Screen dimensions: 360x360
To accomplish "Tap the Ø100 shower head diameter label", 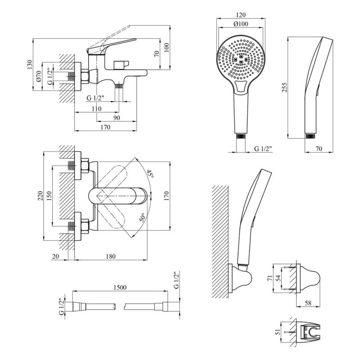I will click(x=241, y=25).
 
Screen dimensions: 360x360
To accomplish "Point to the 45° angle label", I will click(x=149, y=174).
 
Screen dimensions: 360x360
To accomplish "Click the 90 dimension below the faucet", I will click(x=116, y=118).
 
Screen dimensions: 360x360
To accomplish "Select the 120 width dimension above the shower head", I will click(x=241, y=15).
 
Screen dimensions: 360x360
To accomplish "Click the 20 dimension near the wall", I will click(x=56, y=256).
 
